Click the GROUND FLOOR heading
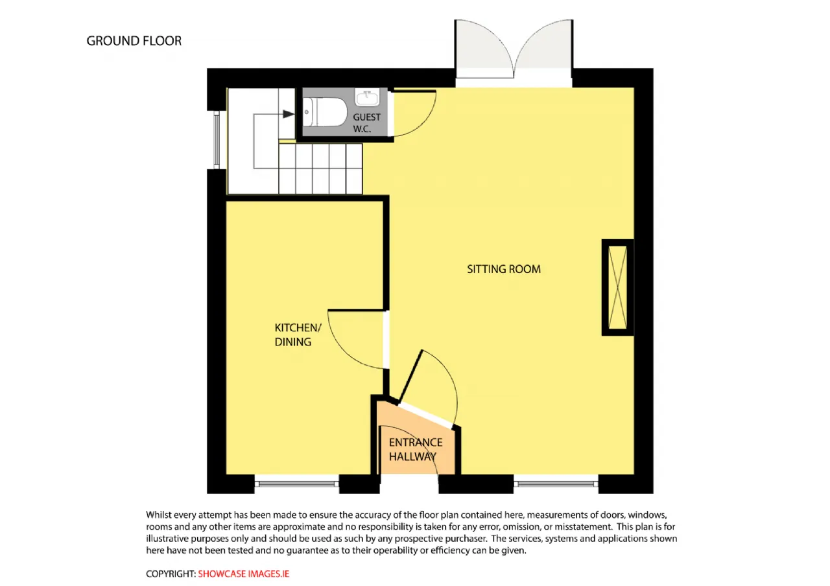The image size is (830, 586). coord(134,41)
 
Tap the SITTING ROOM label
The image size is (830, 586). coord(504,269)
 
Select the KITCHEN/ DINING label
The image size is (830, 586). coord(298,334)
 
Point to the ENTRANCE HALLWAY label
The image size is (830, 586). coord(416,449)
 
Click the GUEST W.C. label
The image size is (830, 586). coord(366,123)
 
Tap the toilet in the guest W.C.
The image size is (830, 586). coord(325,112)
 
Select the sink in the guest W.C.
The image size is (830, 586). coord(367,97)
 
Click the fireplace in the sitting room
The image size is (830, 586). coord(617,287)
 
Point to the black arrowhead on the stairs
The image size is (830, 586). coord(289,114)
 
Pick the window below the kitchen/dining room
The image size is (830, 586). coord(297,484)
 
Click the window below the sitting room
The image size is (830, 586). coord(556,484)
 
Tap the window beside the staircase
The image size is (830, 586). coord(217,140)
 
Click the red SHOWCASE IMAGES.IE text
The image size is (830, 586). coord(243,574)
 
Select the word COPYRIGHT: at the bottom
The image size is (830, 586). coord(171,574)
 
